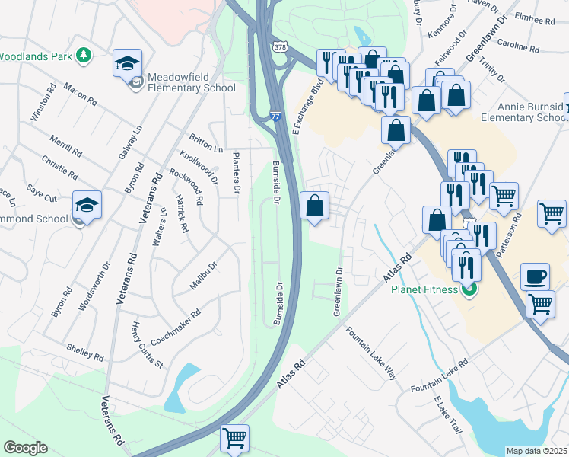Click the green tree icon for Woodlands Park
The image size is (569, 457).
(83, 56)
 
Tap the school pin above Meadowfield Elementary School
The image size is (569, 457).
(127, 62)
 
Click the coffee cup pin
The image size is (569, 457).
(536, 277)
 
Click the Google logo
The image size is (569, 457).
(25, 448)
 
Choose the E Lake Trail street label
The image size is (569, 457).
(447, 414)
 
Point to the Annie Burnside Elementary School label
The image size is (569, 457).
(522, 113)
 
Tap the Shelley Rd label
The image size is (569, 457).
(84, 352)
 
